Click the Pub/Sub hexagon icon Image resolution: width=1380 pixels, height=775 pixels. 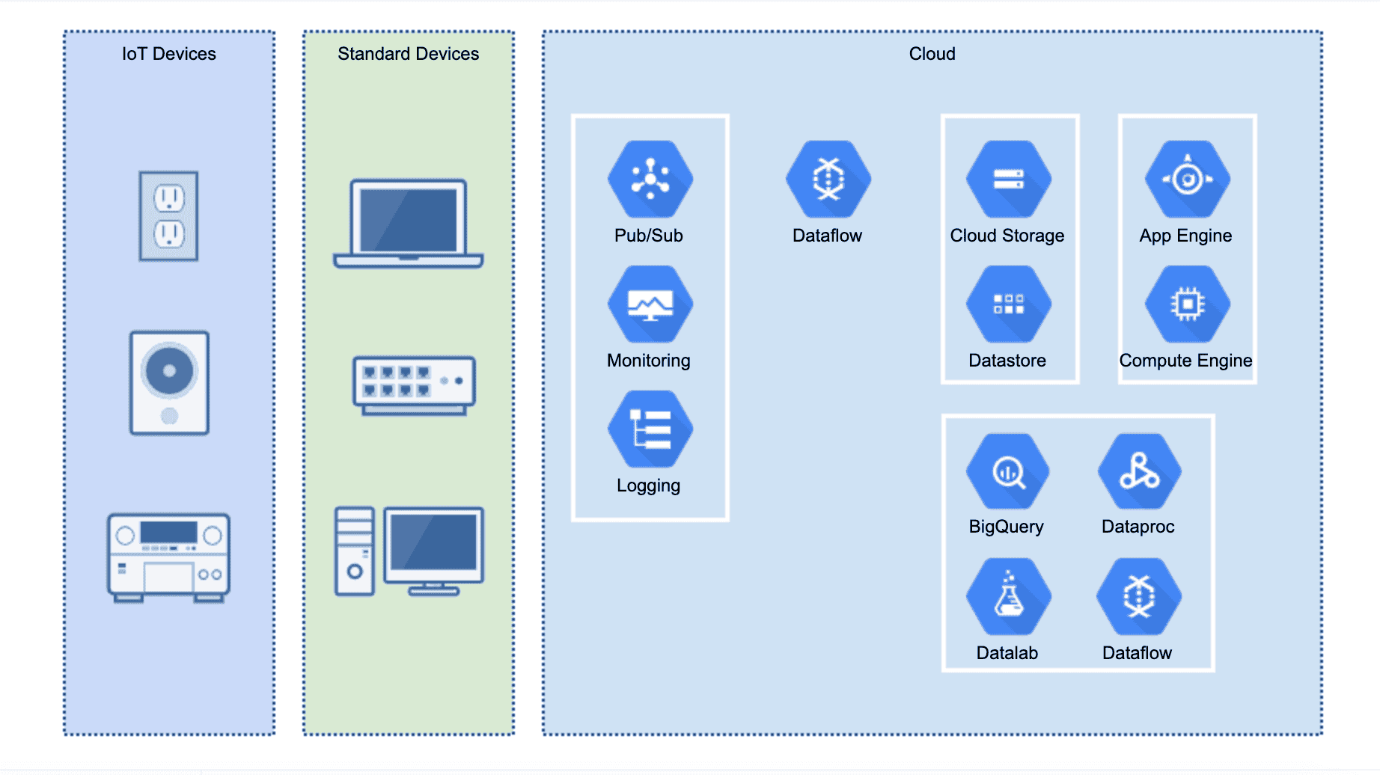click(650, 180)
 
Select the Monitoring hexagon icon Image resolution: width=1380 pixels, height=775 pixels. click(650, 304)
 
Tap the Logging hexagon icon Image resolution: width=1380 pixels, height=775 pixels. click(650, 429)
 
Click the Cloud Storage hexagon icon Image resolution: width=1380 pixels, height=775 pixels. click(1008, 180)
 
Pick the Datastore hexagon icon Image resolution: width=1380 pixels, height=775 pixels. click(1008, 304)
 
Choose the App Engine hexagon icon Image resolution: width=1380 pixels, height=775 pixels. click(1187, 180)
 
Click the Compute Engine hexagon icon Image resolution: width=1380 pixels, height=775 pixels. click(1187, 304)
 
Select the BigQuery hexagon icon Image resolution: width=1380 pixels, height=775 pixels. click(1007, 472)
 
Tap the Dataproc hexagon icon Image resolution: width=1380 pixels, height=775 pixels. click(1139, 472)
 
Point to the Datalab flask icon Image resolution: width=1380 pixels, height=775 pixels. click(1008, 597)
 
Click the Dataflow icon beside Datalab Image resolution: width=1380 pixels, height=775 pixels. click(1139, 597)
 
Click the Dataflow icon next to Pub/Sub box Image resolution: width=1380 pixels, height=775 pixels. click(828, 180)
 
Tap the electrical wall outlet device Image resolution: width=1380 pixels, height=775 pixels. click(168, 216)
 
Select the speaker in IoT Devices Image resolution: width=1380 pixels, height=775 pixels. click(169, 382)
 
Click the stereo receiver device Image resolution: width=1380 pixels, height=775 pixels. click(168, 557)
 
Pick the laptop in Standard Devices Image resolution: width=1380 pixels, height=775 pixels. click(409, 223)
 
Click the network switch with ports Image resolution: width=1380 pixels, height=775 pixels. click(414, 385)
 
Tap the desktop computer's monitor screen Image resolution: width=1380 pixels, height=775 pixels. click(433, 544)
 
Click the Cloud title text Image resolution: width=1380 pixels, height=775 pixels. click(932, 54)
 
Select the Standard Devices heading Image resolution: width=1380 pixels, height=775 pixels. click(408, 54)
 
